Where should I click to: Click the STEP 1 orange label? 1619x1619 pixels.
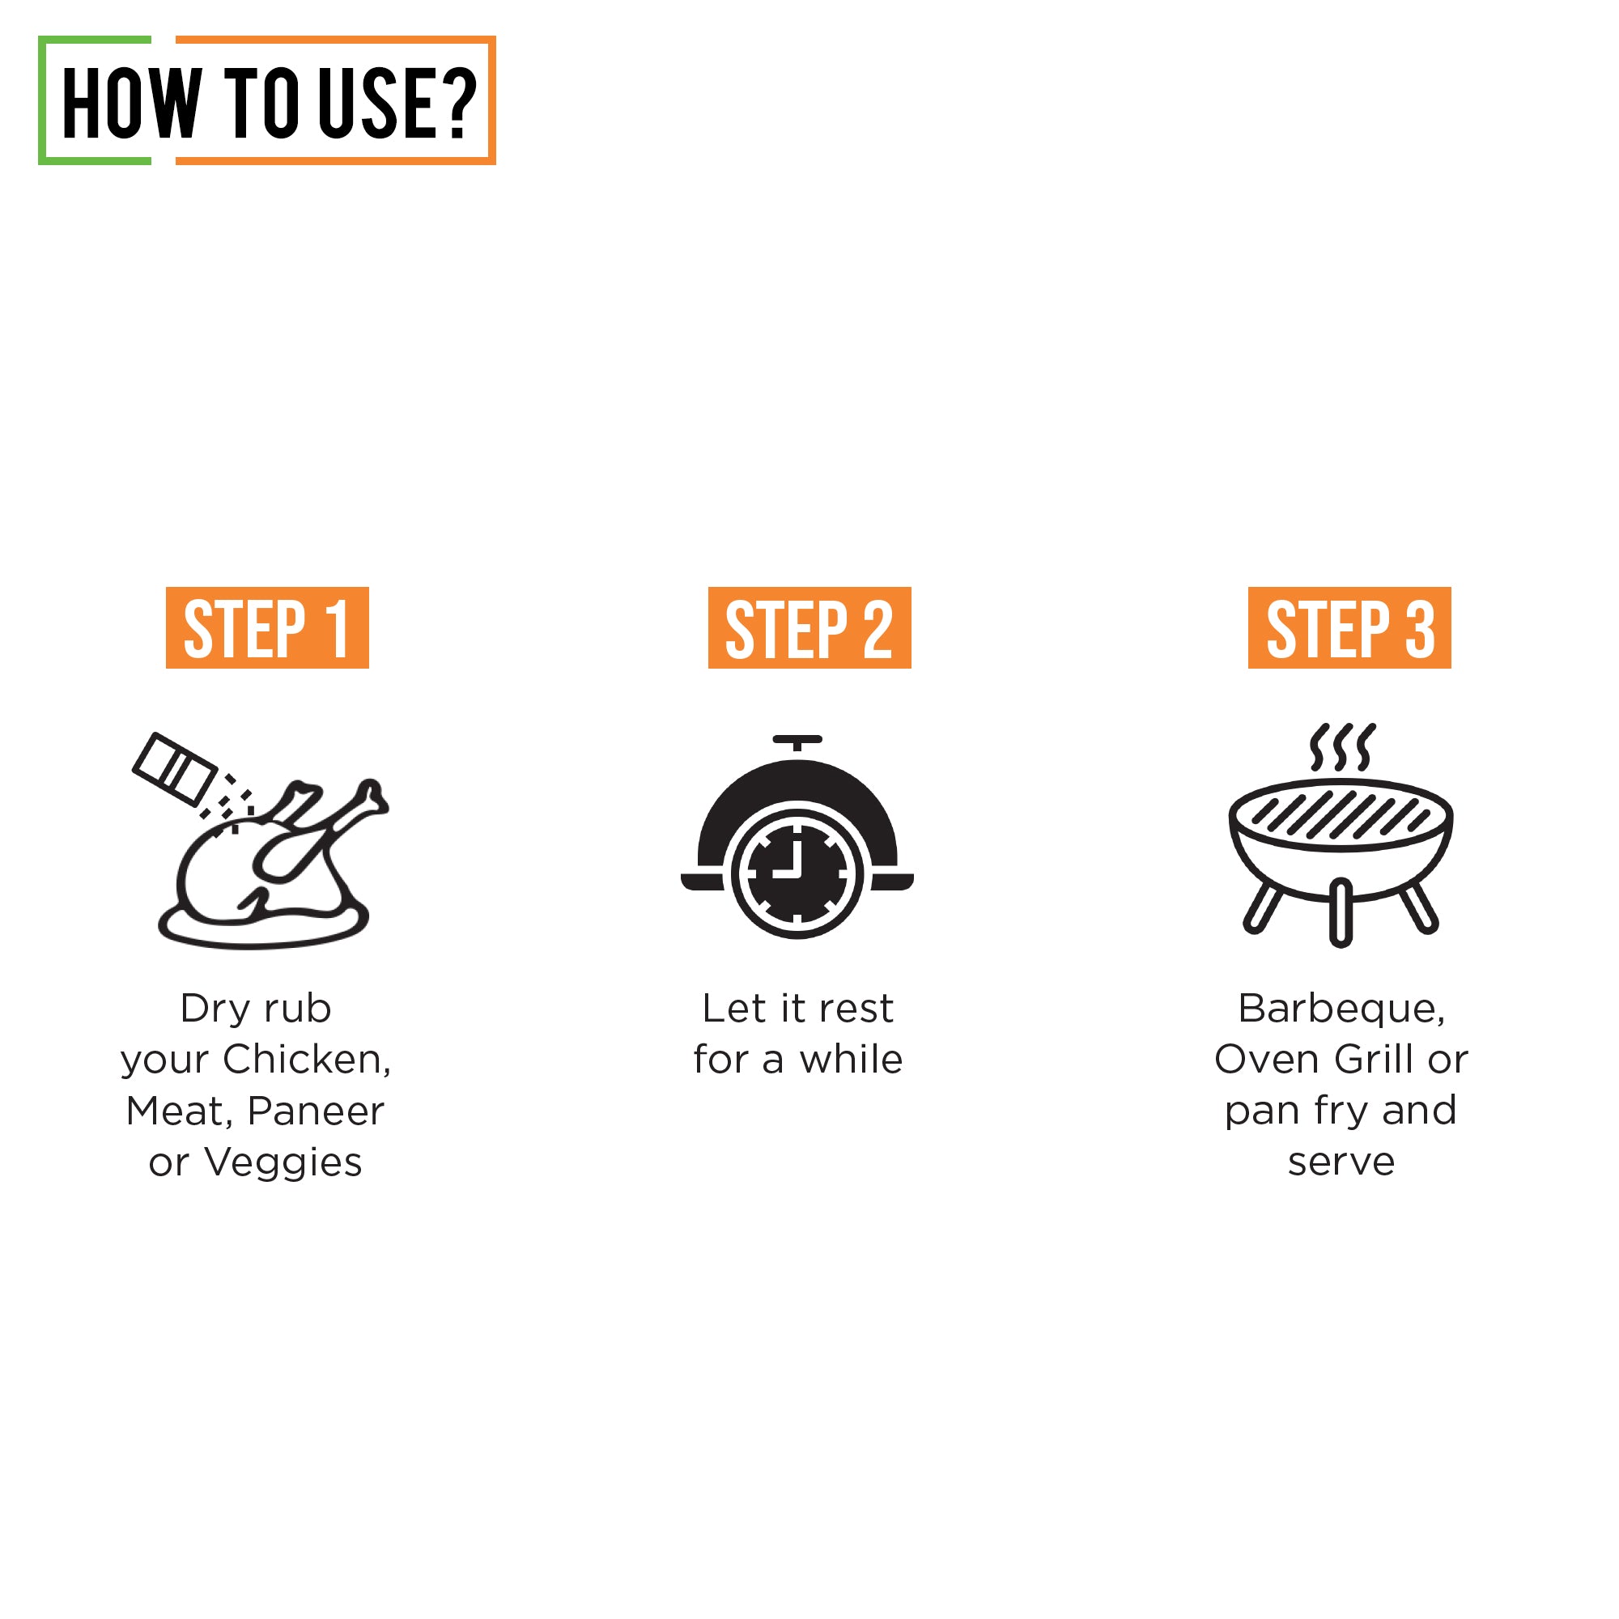click(267, 627)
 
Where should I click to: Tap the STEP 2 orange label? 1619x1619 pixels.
click(809, 627)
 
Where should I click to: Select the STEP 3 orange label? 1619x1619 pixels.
click(1349, 627)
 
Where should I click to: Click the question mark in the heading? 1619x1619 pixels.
click(457, 102)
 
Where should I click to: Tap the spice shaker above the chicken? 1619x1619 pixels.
click(174, 768)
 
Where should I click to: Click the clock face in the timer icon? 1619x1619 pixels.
click(797, 873)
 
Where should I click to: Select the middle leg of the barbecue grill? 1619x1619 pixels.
click(1341, 912)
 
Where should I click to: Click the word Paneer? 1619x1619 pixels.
click(316, 1111)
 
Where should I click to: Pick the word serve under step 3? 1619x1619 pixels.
click(1341, 1163)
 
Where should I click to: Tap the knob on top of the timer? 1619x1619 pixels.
click(797, 742)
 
